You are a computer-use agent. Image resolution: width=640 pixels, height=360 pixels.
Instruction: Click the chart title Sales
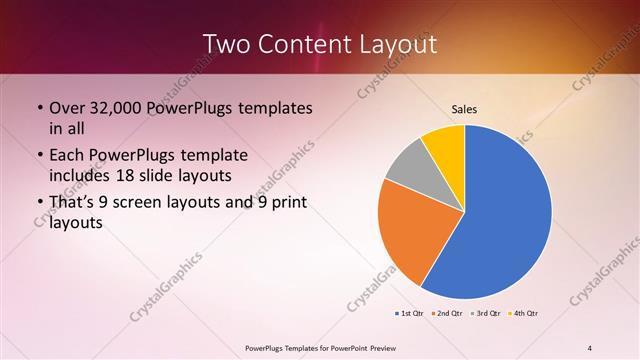pos(464,108)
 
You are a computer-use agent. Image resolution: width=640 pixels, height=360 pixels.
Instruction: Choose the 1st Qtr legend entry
pos(410,314)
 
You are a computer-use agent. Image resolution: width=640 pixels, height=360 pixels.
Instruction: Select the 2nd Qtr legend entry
pos(448,314)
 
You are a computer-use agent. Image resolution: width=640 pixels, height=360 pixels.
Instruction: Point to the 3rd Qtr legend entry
pos(486,314)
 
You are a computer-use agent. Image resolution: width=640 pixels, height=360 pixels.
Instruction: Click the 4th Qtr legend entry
pos(524,314)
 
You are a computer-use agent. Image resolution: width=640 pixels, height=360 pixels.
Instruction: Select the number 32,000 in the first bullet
pos(112,107)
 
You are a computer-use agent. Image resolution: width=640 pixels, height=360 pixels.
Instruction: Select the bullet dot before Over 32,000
pos(38,108)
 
